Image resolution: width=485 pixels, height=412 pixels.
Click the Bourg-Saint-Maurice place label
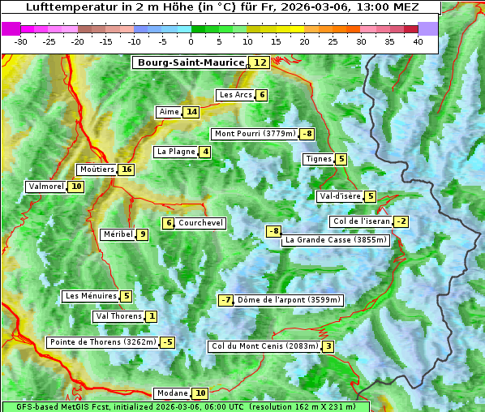point(191,62)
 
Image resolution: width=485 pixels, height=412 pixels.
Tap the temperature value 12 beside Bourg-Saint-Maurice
point(260,62)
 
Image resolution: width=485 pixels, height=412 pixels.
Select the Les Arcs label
point(236,95)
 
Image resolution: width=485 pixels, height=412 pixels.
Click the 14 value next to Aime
point(191,112)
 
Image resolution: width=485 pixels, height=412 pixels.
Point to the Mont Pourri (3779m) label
point(254,134)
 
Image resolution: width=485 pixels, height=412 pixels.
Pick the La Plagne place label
point(173,152)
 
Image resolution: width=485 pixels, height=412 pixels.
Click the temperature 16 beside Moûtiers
point(125,170)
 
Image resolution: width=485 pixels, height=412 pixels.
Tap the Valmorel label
point(45,187)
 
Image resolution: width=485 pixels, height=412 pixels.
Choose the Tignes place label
point(318,159)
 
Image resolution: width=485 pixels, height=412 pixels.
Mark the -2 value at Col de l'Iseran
point(401,221)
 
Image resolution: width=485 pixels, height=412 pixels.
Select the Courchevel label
point(200,223)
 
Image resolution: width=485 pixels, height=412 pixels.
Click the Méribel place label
point(118,234)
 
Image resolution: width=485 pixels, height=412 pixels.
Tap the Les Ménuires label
point(90,296)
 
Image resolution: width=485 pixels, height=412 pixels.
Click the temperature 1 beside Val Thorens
point(152,316)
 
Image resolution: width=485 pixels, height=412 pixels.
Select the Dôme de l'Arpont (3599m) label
point(289,300)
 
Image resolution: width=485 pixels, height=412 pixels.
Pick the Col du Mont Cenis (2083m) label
point(264,346)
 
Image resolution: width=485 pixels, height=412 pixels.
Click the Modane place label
point(172,393)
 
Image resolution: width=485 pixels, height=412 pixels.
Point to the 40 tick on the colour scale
point(418,41)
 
